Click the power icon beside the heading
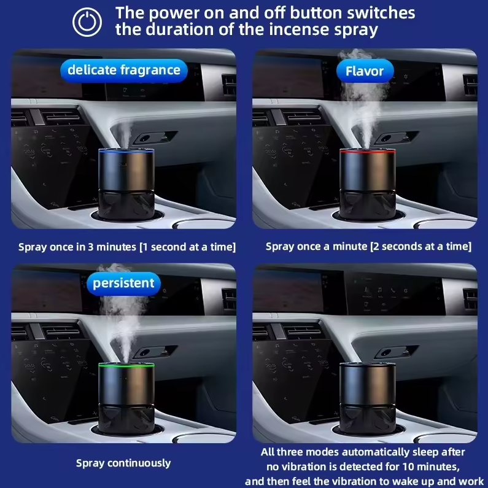87,22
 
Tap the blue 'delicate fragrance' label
124,71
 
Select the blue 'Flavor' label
365,71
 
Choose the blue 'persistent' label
123,283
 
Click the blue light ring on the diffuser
126,152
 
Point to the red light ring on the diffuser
368,151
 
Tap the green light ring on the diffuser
126,365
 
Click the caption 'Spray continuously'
123,463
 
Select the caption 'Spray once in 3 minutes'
77,247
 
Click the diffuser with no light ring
368,399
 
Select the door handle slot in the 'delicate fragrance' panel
155,137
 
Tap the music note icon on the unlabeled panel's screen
380,290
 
